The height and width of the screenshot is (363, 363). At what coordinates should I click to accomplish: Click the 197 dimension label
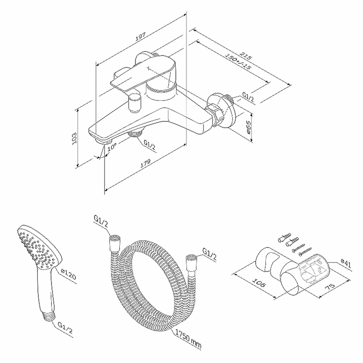pos(140,37)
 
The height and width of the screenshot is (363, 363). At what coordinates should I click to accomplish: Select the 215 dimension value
pos(245,55)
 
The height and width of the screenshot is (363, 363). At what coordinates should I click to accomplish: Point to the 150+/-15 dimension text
pos(238,62)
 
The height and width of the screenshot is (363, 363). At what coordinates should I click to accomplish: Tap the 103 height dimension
pos(74,138)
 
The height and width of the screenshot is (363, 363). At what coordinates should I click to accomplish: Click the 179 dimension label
pos(145,163)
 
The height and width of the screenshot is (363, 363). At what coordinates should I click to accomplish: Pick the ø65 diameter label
pos(248,127)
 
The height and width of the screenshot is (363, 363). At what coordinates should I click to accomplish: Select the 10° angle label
pos(112,147)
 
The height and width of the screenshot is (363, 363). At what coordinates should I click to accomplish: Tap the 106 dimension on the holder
pos(258,283)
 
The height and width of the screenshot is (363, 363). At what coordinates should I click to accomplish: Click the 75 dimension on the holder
pos(330,287)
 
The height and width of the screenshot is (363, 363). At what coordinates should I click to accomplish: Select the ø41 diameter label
pos(346,264)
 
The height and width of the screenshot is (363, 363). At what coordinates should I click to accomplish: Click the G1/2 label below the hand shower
pos(65,328)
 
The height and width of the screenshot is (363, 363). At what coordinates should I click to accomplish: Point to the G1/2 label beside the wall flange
pos(248,97)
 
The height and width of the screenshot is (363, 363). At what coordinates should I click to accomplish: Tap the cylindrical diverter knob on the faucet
pos(134,103)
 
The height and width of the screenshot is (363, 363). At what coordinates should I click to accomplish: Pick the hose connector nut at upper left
pos(115,243)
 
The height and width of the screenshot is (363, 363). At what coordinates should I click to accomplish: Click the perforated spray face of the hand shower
pos(37,249)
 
